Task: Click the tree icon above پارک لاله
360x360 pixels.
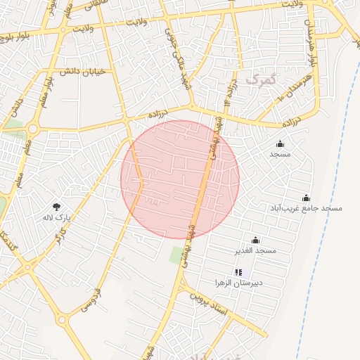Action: [56, 206]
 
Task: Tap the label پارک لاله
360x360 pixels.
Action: [57, 217]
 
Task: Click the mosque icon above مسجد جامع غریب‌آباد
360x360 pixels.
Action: [306, 198]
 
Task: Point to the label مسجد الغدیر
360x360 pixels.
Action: [256, 250]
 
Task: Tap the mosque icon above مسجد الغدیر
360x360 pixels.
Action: [255, 240]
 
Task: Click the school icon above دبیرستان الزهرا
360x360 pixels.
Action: [238, 271]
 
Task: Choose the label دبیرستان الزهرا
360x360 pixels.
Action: [239, 282]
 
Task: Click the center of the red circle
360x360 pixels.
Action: [180, 179]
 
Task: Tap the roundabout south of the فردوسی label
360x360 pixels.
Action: [63, 321]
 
